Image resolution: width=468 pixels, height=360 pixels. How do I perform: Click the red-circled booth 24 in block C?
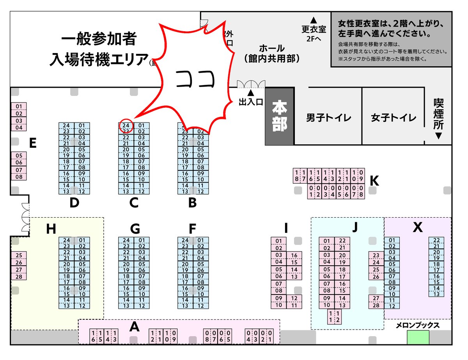126,125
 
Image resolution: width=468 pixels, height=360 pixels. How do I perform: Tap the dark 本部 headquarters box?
279,116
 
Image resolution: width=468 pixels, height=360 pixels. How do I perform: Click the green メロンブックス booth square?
418,337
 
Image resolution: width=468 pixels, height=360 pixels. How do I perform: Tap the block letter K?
374,181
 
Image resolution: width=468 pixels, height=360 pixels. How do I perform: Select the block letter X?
417,227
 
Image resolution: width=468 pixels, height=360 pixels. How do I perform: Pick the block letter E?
33,144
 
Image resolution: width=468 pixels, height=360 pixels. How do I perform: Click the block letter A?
134,327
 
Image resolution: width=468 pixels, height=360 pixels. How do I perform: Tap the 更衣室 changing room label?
314,29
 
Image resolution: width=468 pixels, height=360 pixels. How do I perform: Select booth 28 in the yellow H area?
19,277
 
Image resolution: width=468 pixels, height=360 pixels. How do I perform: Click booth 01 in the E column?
19,106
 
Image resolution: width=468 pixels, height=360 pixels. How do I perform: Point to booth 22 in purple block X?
436,240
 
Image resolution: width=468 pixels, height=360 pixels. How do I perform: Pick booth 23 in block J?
376,255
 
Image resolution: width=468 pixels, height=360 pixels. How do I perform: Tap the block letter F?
192,228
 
